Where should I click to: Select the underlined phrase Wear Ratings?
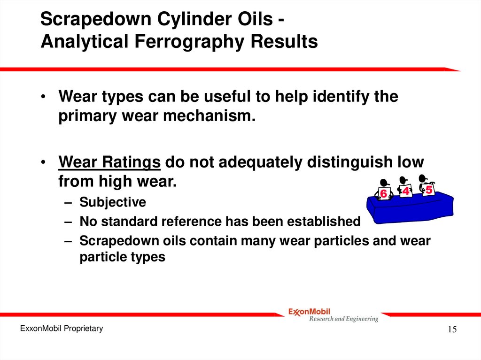tap(110, 162)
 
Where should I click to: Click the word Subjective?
tap(113, 202)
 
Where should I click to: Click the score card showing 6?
tap(383, 193)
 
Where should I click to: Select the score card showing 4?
tap(405, 191)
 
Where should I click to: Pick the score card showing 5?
tap(428, 190)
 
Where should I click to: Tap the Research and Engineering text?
tap(343, 319)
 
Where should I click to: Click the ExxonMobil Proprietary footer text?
tap(61, 329)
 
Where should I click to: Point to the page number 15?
tap(452, 329)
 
